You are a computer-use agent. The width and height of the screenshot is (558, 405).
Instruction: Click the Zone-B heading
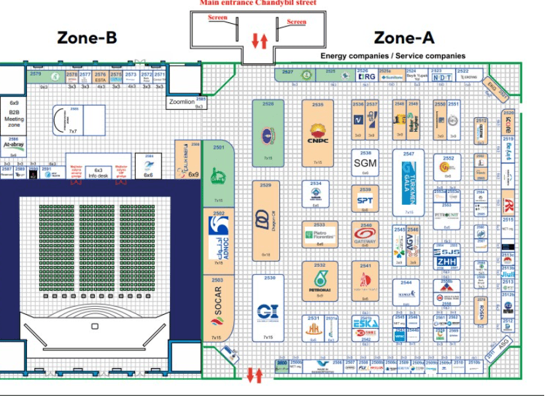pyautogui.click(x=87, y=38)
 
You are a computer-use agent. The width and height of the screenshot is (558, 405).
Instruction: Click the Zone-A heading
pyautogui.click(x=404, y=38)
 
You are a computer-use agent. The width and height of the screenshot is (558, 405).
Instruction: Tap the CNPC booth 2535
pyautogui.click(x=318, y=134)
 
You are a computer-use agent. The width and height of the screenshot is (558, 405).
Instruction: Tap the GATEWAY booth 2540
pyautogui.click(x=365, y=234)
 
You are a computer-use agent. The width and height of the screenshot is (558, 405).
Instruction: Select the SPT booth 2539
pyautogui.click(x=365, y=200)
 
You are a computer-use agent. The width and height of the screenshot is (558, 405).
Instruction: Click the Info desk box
pyautogui.click(x=99, y=173)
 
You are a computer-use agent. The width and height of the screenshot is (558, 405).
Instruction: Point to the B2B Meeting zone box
pyautogui.click(x=14, y=115)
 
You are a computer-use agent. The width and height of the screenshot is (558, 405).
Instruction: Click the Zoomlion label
pyautogui.click(x=182, y=102)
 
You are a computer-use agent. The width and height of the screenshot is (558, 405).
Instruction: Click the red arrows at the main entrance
pyautogui.click(x=260, y=41)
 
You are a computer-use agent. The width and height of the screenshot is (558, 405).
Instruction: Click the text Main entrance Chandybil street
pyautogui.click(x=258, y=3)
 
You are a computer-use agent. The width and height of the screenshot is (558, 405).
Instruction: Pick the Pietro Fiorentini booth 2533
pyautogui.click(x=320, y=234)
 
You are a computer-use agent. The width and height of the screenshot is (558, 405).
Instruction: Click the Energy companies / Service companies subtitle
pyautogui.click(x=393, y=56)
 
